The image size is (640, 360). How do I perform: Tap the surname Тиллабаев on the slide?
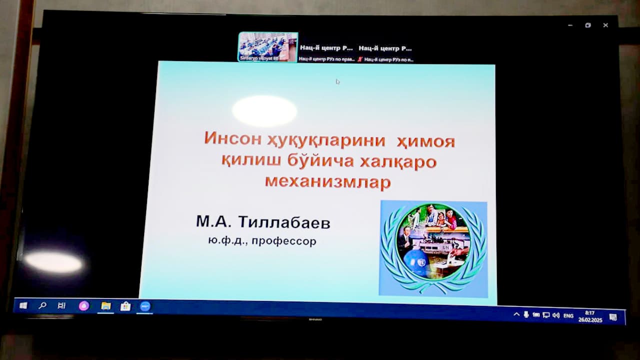tap(284, 222)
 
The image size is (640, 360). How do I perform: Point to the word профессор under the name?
tap(284, 241)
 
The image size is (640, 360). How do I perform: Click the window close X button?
tap(605, 25)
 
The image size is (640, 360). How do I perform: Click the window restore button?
tap(588, 25)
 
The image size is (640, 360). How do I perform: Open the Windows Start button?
tap(23, 305)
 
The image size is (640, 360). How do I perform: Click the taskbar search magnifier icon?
tap(42, 305)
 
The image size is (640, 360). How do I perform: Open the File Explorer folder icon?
tap(105, 306)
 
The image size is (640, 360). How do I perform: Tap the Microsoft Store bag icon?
tap(125, 306)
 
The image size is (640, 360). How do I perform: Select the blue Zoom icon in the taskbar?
tap(145, 306)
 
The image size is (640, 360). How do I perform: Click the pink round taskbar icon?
tap(83, 306)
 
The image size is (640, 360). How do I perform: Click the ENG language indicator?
tap(568, 315)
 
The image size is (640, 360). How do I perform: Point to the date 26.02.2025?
tap(590, 320)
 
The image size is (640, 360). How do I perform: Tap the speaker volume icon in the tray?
tap(555, 315)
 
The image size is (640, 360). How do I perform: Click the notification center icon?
tap(613, 317)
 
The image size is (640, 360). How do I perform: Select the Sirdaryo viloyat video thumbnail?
tap(267, 47)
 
